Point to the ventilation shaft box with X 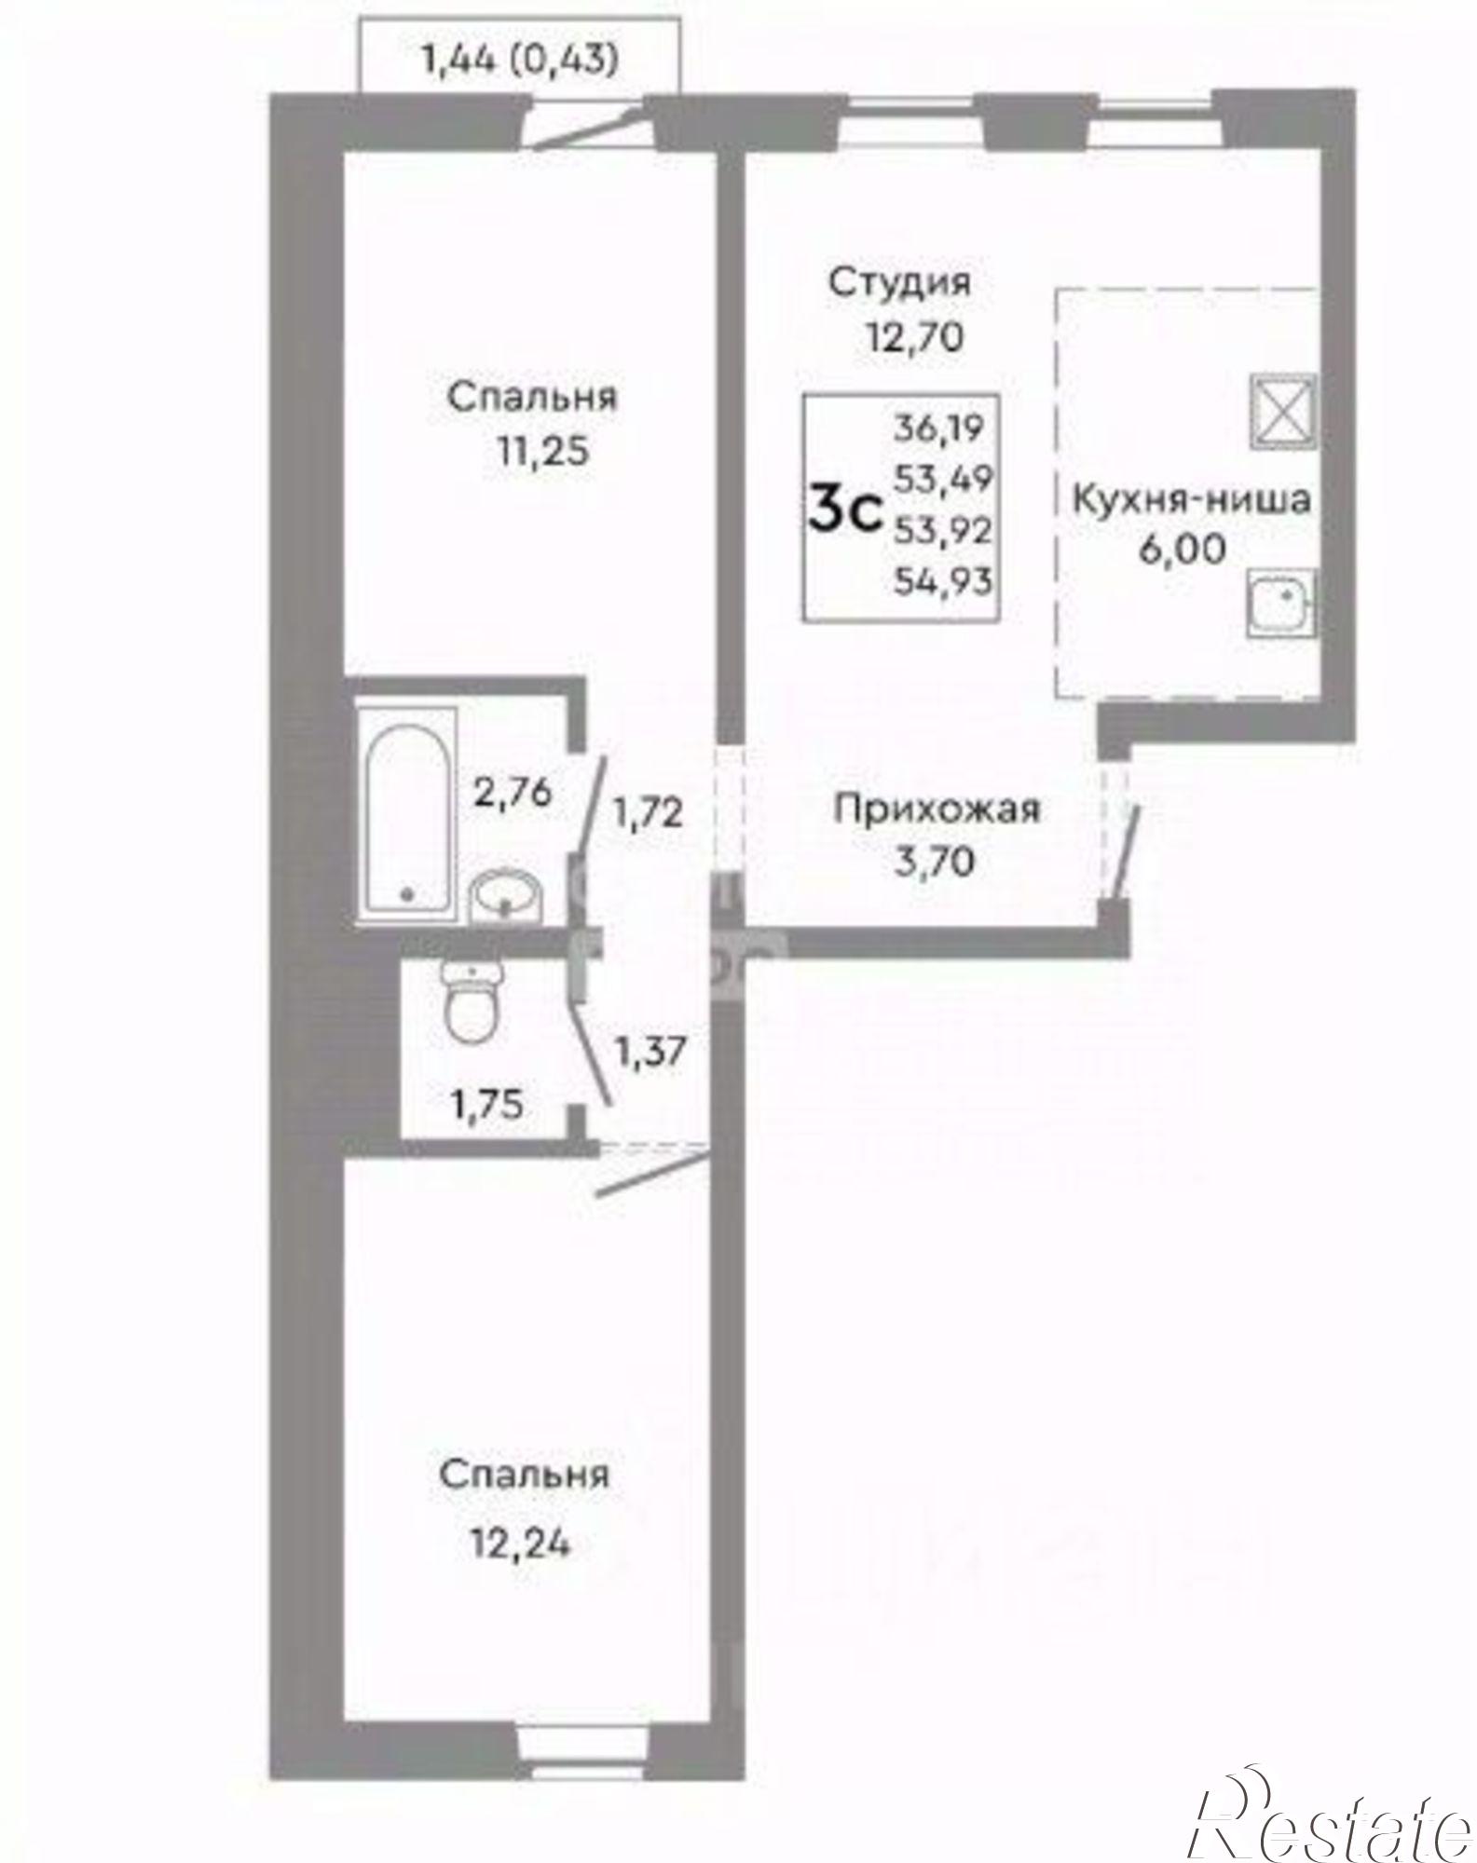(1282, 409)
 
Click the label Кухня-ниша (1192, 499)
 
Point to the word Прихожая (937, 809)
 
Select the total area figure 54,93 (942, 582)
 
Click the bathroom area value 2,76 (513, 793)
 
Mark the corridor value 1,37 (650, 1053)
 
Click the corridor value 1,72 (648, 813)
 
